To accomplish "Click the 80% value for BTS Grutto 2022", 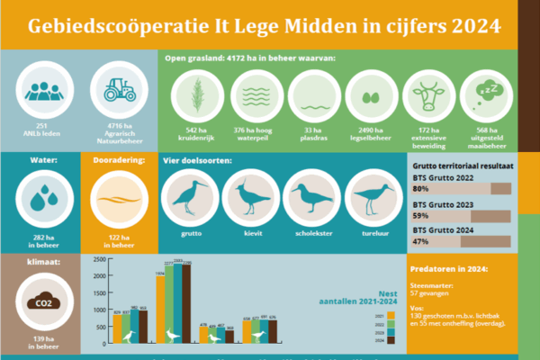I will click(x=419, y=190).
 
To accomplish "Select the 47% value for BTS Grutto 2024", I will click(x=419, y=242).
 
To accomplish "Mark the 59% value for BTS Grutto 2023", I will click(x=419, y=216).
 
